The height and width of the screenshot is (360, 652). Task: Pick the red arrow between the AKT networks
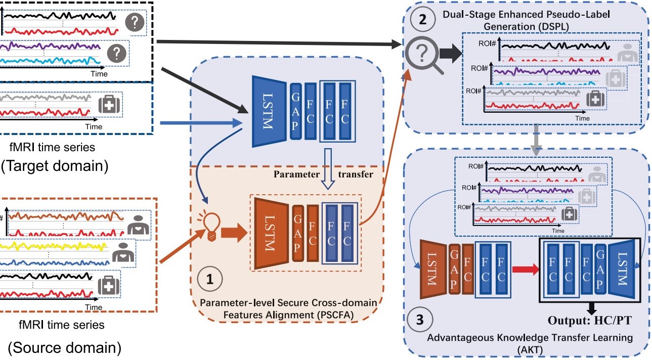[524, 268]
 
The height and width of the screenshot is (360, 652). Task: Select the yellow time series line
[56, 248]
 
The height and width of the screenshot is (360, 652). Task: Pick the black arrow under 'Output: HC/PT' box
[591, 307]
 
